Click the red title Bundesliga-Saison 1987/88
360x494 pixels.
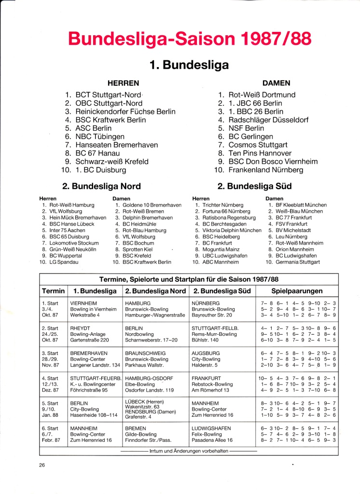pyautogui.click(x=189, y=38)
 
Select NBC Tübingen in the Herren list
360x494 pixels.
pyautogui.click(x=100, y=137)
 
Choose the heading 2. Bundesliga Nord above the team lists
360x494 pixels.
pyautogui.click(x=102, y=186)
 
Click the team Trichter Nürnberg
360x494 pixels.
pyautogui.click(x=222, y=205)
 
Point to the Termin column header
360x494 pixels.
pyautogui.click(x=53, y=291)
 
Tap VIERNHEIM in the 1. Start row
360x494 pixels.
pyautogui.click(x=84, y=303)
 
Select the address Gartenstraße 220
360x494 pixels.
pyautogui.click(x=91, y=340)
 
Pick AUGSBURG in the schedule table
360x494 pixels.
pyautogui.click(x=206, y=353)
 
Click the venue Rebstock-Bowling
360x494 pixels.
pyautogui.click(x=212, y=384)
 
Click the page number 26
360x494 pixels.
pyautogui.click(x=43, y=465)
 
